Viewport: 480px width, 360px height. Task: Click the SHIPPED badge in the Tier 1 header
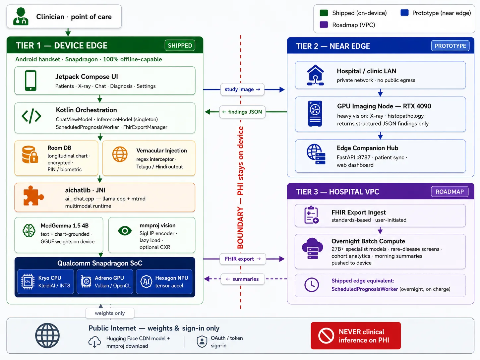coord(180,45)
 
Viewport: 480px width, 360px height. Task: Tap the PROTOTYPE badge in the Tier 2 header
coord(450,46)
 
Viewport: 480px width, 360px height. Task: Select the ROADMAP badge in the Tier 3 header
coord(450,192)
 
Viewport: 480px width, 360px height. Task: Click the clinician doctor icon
coord(21,16)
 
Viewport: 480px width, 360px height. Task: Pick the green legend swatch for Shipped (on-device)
coord(324,13)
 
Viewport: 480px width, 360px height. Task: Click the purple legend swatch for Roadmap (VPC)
coord(324,25)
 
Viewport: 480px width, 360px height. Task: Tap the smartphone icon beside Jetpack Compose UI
coord(30,81)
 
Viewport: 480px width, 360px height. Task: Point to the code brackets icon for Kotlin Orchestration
coord(31,116)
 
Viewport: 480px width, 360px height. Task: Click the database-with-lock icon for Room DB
coord(30,154)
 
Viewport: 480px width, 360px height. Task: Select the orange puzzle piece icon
coord(33,196)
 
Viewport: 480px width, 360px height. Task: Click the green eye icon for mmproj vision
coord(125,231)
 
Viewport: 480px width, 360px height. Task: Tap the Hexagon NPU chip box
coord(164,281)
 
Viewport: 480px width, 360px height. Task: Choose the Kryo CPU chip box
coord(45,281)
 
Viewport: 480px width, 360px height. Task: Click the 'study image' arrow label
coord(242,90)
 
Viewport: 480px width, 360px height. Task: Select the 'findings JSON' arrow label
coord(242,112)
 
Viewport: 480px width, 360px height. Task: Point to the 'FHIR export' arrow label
coord(243,259)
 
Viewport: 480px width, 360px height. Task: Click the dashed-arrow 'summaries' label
coord(243,279)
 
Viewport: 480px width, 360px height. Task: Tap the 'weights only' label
coord(110,313)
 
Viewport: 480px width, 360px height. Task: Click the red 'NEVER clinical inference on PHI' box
coord(356,336)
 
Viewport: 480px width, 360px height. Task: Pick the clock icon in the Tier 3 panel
coord(311,285)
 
